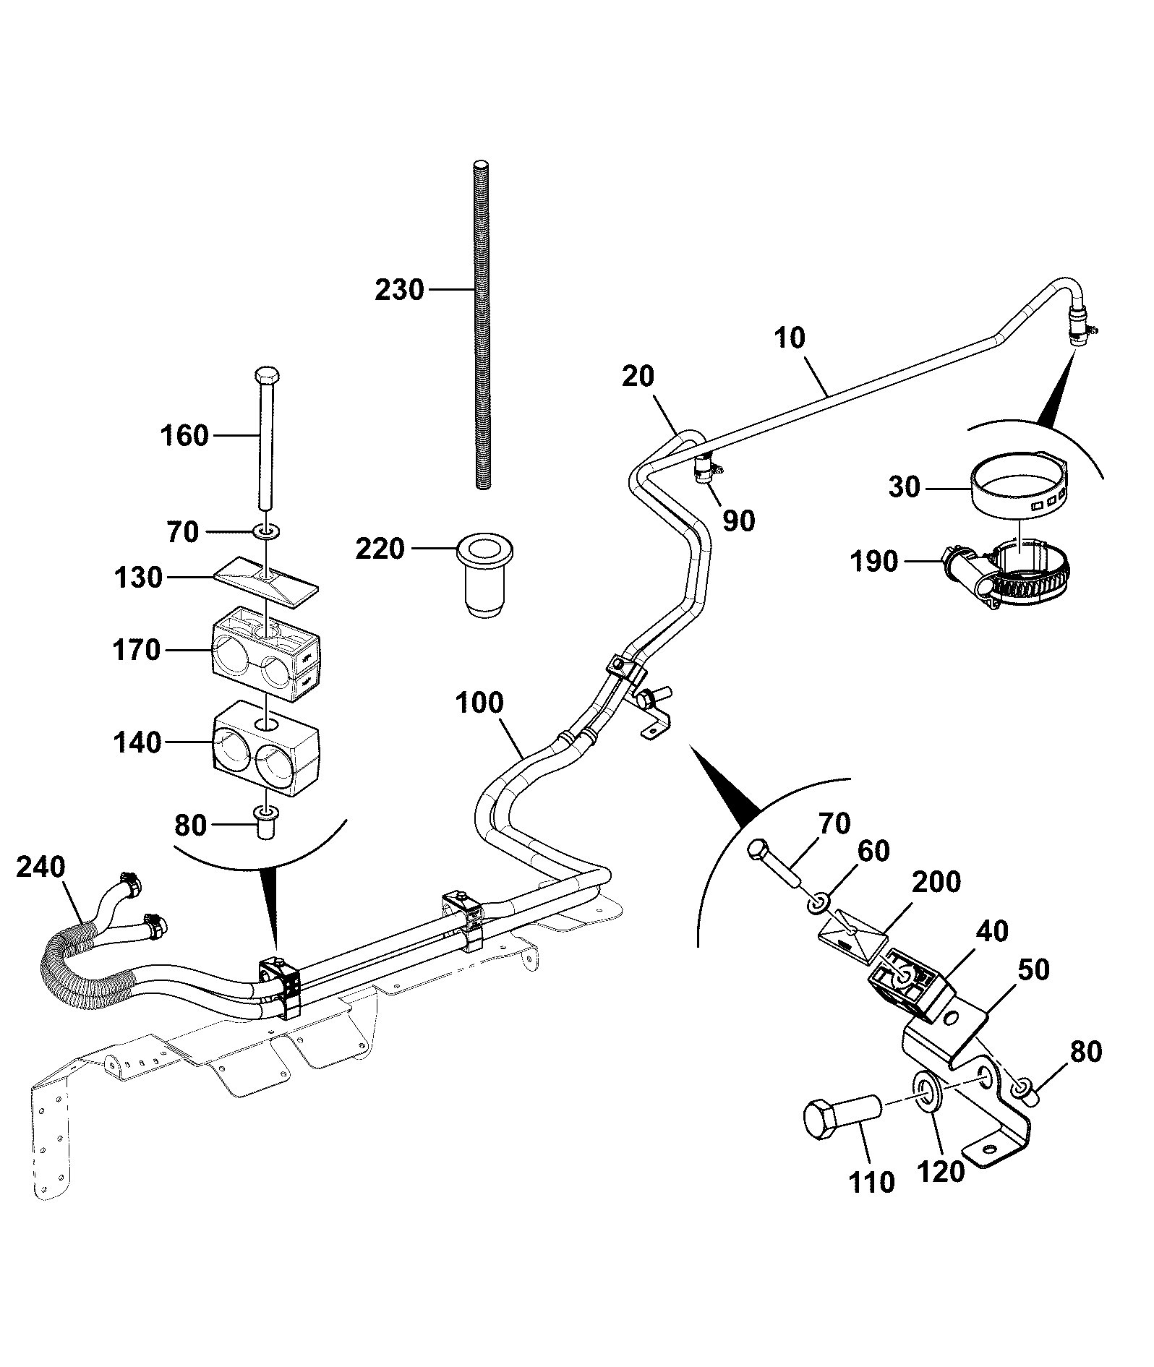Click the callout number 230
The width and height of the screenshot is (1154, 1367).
(x=399, y=291)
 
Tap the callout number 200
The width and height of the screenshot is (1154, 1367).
(x=936, y=882)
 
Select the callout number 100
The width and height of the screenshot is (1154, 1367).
(x=480, y=703)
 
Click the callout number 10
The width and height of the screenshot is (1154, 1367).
(x=790, y=338)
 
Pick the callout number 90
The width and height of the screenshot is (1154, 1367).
(x=738, y=520)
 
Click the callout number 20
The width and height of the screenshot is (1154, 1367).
(x=638, y=377)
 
